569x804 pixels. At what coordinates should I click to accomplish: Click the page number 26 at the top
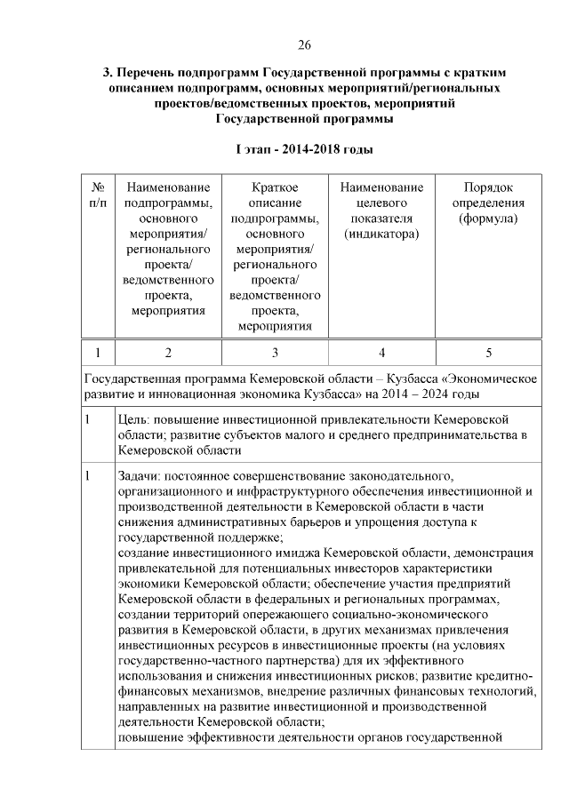coord(304,44)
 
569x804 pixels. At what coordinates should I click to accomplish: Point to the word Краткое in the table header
coord(274,187)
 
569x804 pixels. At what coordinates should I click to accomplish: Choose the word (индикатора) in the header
coord(381,234)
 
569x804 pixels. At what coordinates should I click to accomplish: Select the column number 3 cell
coord(275,352)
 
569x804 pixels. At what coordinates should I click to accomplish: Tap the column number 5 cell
coord(487,352)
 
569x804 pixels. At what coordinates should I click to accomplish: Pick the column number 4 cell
coord(381,352)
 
